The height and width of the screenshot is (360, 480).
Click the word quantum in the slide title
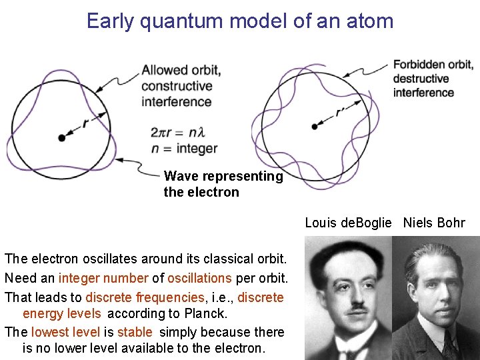pyautogui.click(x=179, y=21)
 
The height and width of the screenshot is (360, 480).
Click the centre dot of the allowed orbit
pyautogui.click(x=62, y=138)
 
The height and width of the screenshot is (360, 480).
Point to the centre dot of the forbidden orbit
pyautogui.click(x=315, y=126)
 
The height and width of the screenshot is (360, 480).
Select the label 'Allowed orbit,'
pyautogui.click(x=181, y=70)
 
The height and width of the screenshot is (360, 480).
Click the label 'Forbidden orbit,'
pyautogui.click(x=433, y=65)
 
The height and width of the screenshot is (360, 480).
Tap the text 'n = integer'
pyautogui.click(x=185, y=149)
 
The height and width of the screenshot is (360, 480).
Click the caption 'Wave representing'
pyautogui.click(x=223, y=177)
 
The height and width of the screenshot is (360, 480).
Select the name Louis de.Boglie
pyautogui.click(x=348, y=223)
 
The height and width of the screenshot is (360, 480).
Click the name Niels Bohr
pyautogui.click(x=434, y=223)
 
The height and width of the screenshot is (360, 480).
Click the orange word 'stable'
pyautogui.click(x=135, y=332)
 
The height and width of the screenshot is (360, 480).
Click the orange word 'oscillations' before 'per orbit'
pyautogui.click(x=200, y=278)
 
